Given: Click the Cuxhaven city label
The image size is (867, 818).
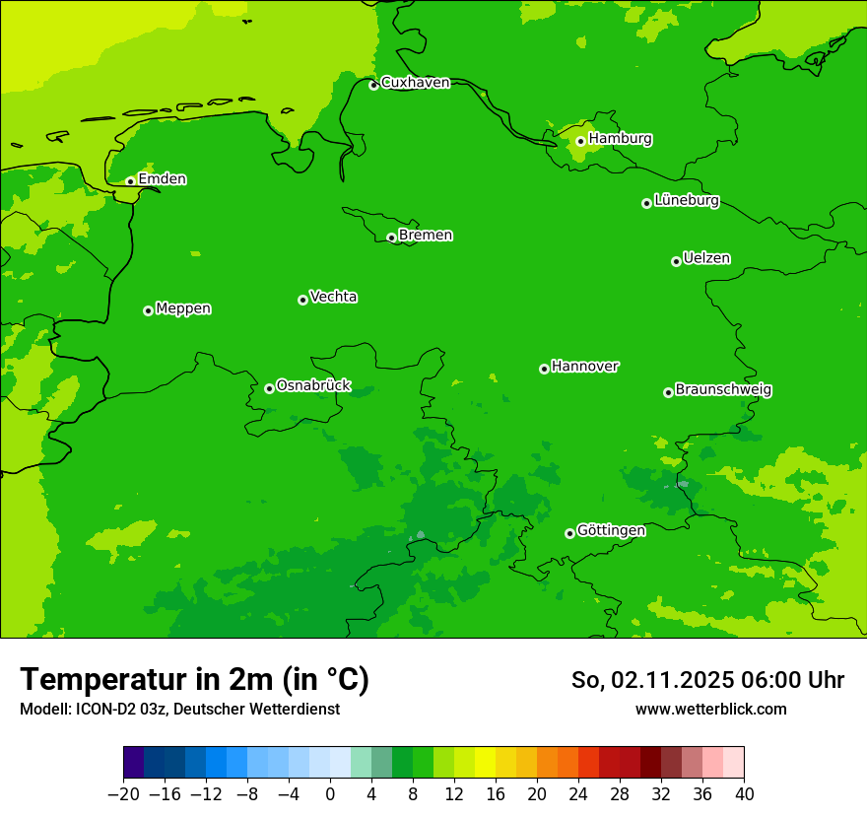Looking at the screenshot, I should point(415,82).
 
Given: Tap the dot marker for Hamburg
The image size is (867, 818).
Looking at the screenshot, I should point(580,141).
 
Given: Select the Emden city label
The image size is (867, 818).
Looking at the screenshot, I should point(162,178).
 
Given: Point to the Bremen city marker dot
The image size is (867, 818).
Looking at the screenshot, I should point(391,238).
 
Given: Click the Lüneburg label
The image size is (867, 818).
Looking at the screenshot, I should point(686,200).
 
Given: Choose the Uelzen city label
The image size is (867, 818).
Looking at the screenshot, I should point(706,258).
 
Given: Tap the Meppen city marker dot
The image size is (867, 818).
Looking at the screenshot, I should point(148,310).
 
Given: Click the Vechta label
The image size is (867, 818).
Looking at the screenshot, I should point(333,297).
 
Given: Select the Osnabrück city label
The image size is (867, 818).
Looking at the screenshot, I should point(313,385).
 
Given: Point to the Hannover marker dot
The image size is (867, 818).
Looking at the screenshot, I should point(544,369).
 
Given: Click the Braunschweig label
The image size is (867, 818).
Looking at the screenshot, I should point(723,389).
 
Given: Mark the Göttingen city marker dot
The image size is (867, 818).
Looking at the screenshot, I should point(569,533).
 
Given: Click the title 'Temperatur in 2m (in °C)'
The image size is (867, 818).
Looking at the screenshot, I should point(194,679).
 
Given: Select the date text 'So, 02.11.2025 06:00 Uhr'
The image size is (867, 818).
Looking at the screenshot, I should point(707,680).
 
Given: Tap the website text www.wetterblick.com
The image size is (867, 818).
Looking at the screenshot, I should point(710,710).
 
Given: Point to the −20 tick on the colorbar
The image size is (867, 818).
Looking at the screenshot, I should point(123,794).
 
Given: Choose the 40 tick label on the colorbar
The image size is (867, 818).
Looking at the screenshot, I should point(744,794).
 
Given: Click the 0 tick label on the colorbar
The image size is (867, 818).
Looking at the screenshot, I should point(330,794).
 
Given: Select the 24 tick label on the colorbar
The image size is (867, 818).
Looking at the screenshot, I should point(578,794).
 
